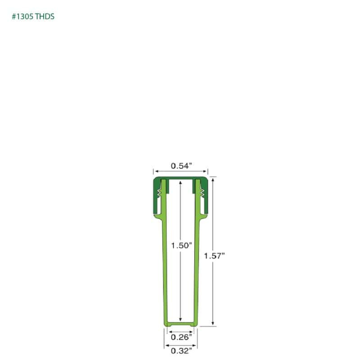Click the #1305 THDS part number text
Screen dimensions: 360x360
pyautogui.click(x=33, y=17)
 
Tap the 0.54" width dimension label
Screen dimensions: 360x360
pyautogui.click(x=181, y=166)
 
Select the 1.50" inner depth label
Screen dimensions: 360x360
pyautogui.click(x=181, y=246)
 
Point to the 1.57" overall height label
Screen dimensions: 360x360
pyautogui.click(x=214, y=256)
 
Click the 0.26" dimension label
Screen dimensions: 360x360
pyautogui.click(x=181, y=337)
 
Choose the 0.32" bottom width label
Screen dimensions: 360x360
pyautogui.click(x=181, y=351)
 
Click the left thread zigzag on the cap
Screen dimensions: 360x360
pyautogui.click(x=159, y=193)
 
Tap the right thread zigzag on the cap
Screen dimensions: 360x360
pyautogui.click(x=202, y=193)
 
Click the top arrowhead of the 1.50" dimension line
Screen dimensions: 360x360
pyautogui.click(x=180, y=183)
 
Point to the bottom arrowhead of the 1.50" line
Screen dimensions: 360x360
pyautogui.click(x=180, y=319)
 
